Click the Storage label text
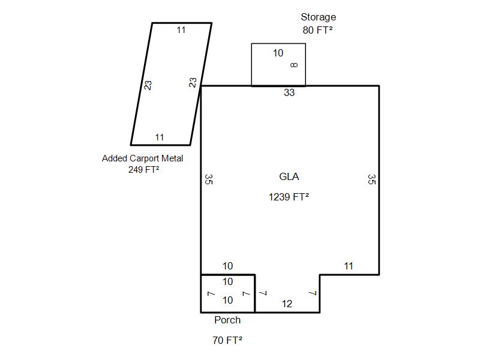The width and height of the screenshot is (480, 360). point(318,17)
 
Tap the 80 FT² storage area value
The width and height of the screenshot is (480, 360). point(318,30)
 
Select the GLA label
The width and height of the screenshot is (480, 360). point(289,176)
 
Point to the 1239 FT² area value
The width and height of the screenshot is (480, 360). point(289,196)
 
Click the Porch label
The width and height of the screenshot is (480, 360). point(227,320)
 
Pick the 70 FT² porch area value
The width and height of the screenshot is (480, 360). point(227,340)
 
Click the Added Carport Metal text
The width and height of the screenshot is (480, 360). point(142,158)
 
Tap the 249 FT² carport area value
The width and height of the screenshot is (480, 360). point(143,169)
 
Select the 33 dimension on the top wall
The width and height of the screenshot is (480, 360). point(289,93)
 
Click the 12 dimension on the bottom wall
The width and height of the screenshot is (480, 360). point(287,304)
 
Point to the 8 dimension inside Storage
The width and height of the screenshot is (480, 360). point(293,65)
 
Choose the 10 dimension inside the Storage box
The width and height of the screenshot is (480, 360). point(278,53)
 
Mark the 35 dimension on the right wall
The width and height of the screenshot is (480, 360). point(371,179)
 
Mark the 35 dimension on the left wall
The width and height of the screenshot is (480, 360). point(208,179)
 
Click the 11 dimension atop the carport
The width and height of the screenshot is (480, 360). point(181,30)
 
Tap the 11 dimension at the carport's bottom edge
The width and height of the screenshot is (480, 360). point(160,137)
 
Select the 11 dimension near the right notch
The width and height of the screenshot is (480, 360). point(349,266)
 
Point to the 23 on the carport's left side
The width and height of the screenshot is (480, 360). point(148,85)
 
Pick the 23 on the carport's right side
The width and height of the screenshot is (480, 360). point(193,83)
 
